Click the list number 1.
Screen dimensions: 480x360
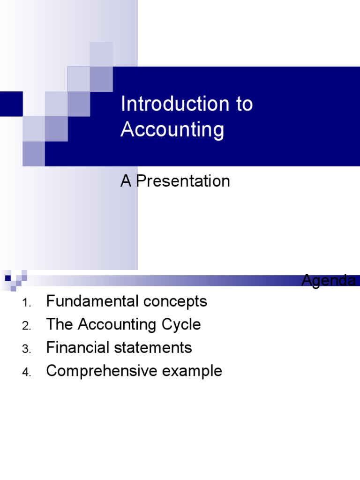click(x=26, y=303)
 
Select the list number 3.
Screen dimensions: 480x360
click(x=26, y=349)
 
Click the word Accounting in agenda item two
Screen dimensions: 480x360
click(x=116, y=324)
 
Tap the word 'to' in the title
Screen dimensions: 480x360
click(x=244, y=104)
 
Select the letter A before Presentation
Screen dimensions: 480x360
click(x=126, y=181)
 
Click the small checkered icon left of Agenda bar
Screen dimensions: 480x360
click(x=15, y=278)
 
